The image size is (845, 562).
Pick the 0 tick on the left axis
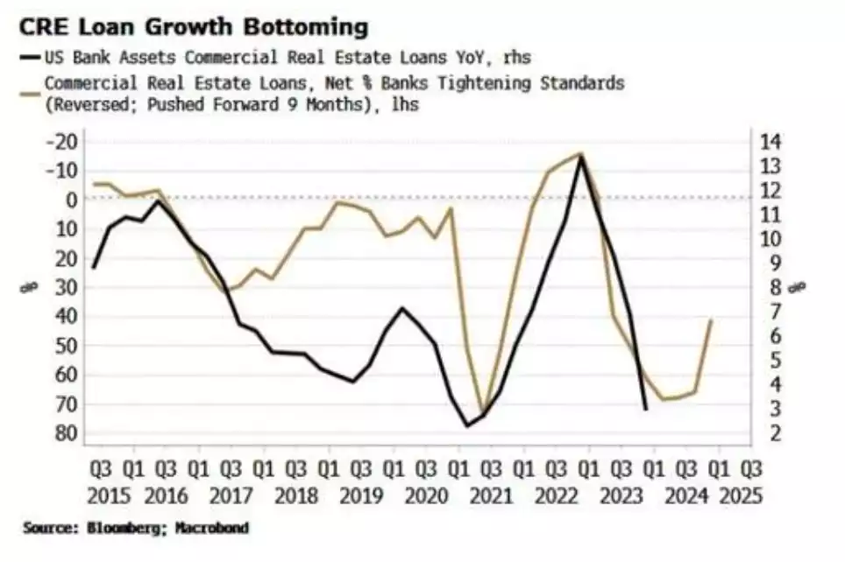coord(70,200)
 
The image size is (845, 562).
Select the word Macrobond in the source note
coord(211,529)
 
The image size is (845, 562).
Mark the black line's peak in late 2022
coord(579,157)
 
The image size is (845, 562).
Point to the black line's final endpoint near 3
coord(646,409)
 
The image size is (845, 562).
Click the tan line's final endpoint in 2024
coord(711,320)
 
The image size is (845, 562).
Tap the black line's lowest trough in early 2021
coord(467,425)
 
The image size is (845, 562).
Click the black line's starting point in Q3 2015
coord(94,267)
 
